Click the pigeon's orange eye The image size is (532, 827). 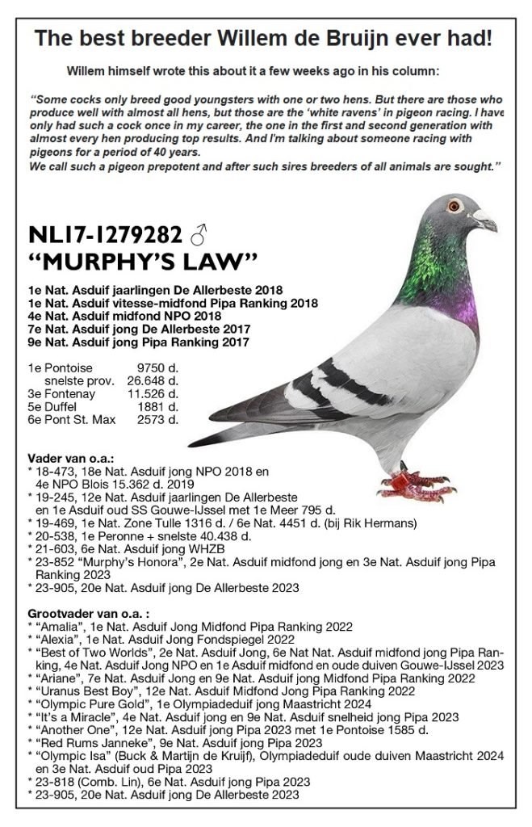pyautogui.click(x=455, y=204)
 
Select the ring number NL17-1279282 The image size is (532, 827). pyautogui.click(x=104, y=235)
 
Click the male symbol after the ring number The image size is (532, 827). pyautogui.click(x=199, y=235)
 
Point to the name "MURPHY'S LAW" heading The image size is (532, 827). pyautogui.click(x=142, y=261)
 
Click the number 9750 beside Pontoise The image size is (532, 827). pyautogui.click(x=152, y=367)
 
